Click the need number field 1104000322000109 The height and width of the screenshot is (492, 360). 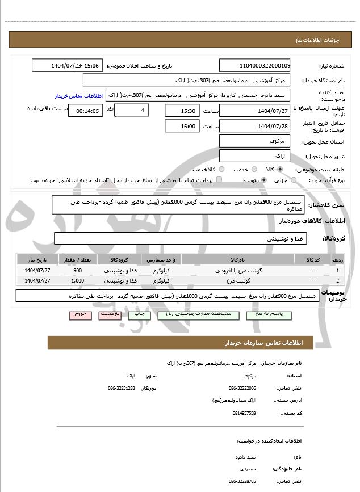(x=254, y=65)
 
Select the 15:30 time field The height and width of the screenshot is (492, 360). (x=182, y=110)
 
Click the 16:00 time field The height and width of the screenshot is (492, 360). (x=182, y=126)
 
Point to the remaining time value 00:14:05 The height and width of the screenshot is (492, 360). (x=87, y=111)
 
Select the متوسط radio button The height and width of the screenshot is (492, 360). (x=264, y=180)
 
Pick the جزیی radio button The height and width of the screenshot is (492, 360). (x=294, y=180)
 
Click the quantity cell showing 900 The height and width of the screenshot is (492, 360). (x=78, y=271)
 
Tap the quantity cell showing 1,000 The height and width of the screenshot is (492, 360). (x=78, y=280)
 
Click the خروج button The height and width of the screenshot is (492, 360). (x=79, y=313)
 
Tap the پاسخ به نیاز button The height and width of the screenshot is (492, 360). (x=269, y=313)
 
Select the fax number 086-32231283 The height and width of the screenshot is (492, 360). (x=121, y=388)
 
